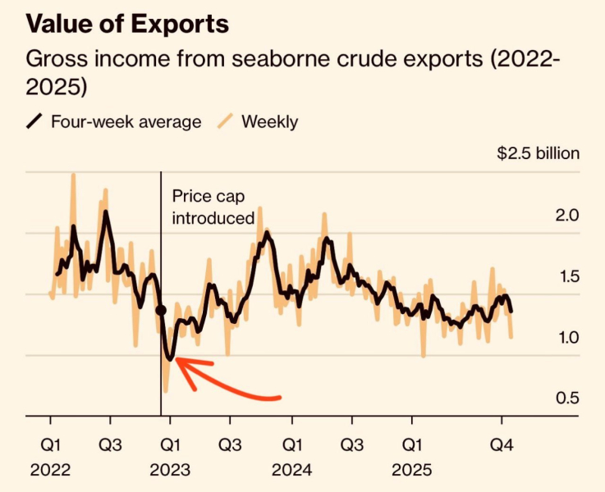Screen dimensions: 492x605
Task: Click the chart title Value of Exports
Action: (127, 24)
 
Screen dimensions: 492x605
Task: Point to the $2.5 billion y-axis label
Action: (538, 153)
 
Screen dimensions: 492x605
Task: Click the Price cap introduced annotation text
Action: (213, 207)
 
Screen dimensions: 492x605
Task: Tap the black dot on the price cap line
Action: (161, 310)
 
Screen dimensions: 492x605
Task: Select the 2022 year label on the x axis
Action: (50, 471)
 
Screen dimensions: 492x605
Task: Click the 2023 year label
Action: (170, 471)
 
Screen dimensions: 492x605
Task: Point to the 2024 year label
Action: (291, 471)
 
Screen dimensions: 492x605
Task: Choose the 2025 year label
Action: (411, 471)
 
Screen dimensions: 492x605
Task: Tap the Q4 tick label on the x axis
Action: (502, 445)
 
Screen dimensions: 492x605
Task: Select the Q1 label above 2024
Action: (291, 445)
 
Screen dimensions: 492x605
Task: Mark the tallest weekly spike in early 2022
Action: (73, 175)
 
